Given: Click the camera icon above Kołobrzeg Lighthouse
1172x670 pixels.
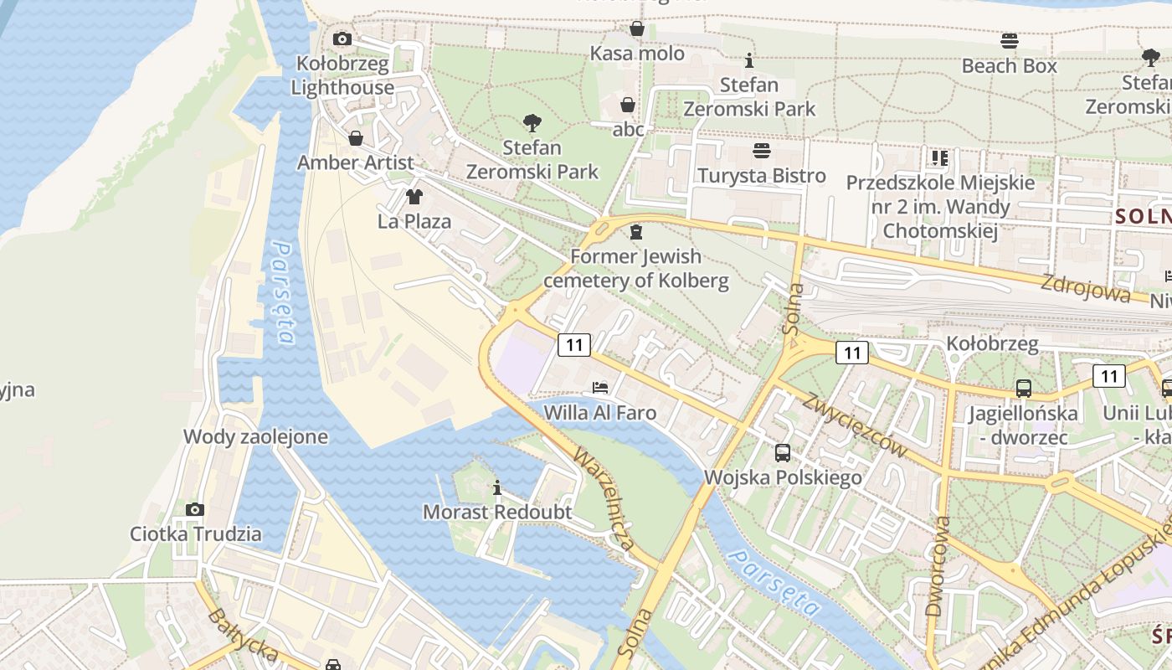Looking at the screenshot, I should [342, 39].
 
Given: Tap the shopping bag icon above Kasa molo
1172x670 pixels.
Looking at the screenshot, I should [637, 29].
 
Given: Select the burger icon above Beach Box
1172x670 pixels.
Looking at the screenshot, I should [1010, 41].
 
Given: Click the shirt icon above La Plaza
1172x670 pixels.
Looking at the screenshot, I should [414, 197].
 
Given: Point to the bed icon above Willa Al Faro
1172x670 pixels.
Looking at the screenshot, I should [600, 388].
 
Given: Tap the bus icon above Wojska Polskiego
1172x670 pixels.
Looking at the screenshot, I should [783, 453].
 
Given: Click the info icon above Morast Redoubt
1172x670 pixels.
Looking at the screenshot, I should [498, 487].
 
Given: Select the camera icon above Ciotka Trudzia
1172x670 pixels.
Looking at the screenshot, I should [195, 509].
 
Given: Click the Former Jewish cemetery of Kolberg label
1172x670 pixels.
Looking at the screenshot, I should [636, 268].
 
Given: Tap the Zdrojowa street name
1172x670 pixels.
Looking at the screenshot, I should [1085, 287].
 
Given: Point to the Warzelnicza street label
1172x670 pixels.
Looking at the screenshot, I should [603, 499].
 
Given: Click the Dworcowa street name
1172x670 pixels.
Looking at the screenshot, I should [938, 565].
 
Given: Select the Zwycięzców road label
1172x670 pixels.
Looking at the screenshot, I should [855, 424].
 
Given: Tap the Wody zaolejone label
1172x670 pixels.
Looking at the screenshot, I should [255, 436].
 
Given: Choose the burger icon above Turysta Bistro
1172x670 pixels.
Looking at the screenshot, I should [762, 151].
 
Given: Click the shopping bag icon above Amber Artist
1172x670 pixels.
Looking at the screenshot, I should [356, 138].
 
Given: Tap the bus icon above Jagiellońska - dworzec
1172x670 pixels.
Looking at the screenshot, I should [1023, 389].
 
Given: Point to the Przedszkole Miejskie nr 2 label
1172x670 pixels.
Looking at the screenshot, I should [940, 206].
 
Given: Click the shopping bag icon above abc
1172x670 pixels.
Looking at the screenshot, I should [627, 106].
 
